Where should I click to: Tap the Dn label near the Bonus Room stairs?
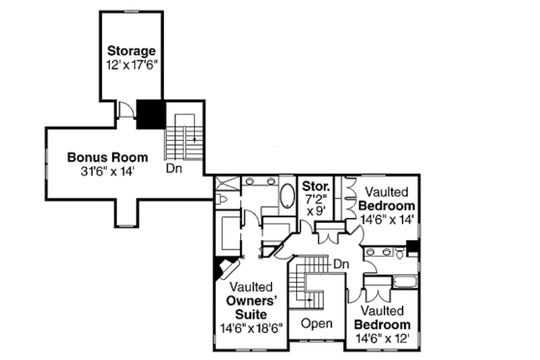[174, 167]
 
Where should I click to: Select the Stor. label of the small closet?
[316, 184]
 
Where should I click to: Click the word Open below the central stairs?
[316, 322]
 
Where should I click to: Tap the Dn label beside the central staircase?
[340, 263]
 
